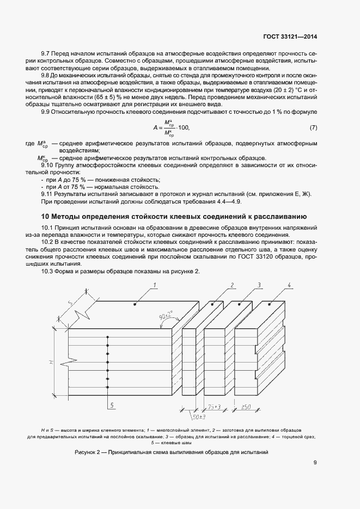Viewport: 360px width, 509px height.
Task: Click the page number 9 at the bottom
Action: click(x=316, y=463)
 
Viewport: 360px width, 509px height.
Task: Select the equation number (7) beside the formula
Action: click(x=313, y=127)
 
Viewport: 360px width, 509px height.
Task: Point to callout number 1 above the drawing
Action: click(x=155, y=285)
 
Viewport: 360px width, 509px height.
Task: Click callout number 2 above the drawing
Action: click(x=232, y=285)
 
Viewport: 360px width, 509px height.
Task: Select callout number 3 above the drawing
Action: click(x=260, y=285)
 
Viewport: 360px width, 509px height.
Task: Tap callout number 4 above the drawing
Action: click(x=289, y=285)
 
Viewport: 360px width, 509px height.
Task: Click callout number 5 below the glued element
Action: click(x=111, y=405)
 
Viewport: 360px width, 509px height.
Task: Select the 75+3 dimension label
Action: click(x=213, y=407)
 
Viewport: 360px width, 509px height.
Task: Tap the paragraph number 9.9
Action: click(x=47, y=112)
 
